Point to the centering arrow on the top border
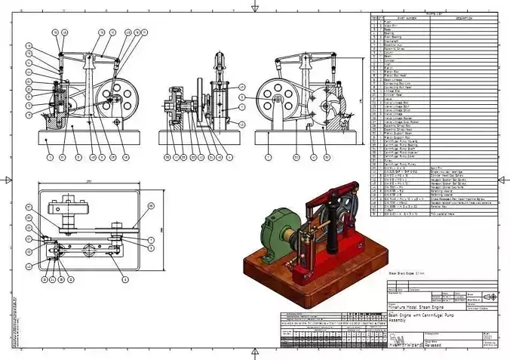pos(256,7)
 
